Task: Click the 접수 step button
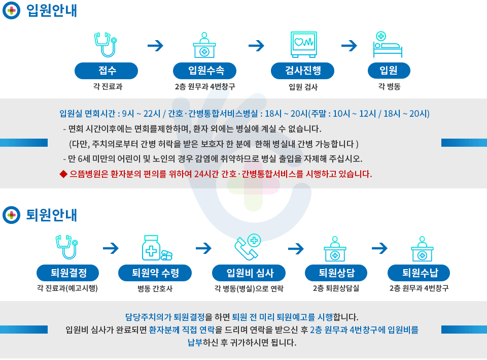point(106,71)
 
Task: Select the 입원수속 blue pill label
point(204,71)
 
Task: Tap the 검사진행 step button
point(302,71)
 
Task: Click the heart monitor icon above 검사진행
point(304,45)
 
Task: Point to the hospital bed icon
point(387,45)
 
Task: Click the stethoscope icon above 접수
point(106,45)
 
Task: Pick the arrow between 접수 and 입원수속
point(155,46)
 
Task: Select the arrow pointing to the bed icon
point(349,46)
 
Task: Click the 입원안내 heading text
point(52,10)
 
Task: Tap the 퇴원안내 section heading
point(52,215)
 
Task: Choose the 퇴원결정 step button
point(67,273)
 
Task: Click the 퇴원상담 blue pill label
point(336,273)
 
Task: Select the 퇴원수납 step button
point(419,273)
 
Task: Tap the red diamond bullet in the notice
point(63,174)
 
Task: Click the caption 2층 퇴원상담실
point(336,288)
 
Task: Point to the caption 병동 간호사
point(155,288)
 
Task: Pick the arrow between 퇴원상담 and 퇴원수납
point(379,248)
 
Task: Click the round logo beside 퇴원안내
point(12,215)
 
